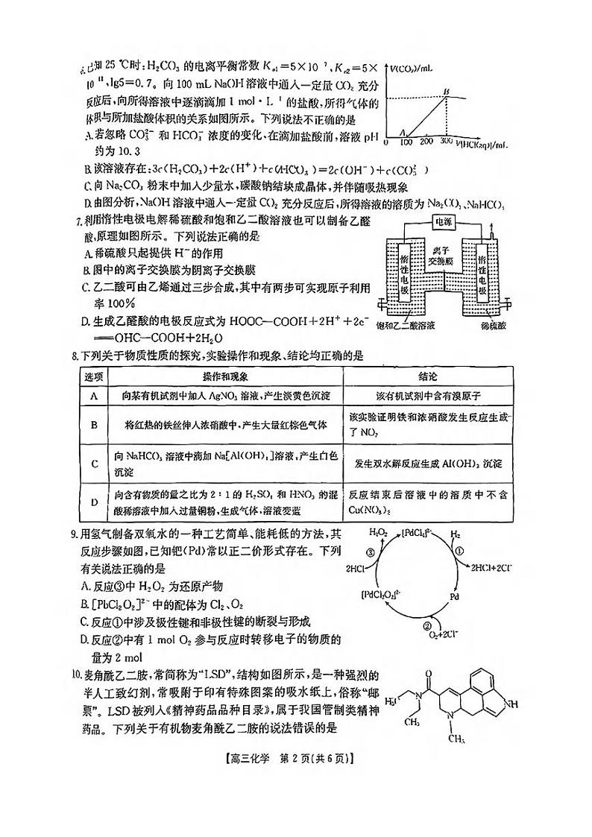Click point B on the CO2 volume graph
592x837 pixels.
447,91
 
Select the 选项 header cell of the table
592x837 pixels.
94,377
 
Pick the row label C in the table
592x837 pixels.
95,464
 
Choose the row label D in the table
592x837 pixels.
95,502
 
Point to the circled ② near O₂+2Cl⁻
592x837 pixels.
427,626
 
